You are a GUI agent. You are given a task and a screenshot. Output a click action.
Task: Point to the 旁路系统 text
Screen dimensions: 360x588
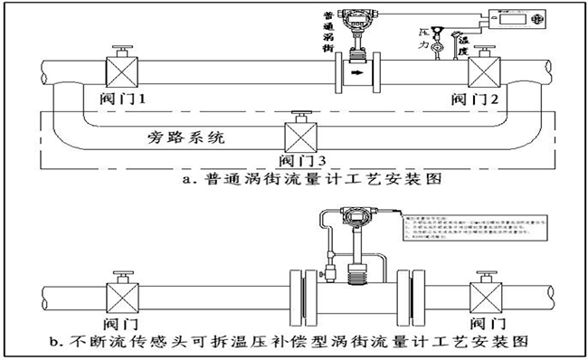pos(185,139)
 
